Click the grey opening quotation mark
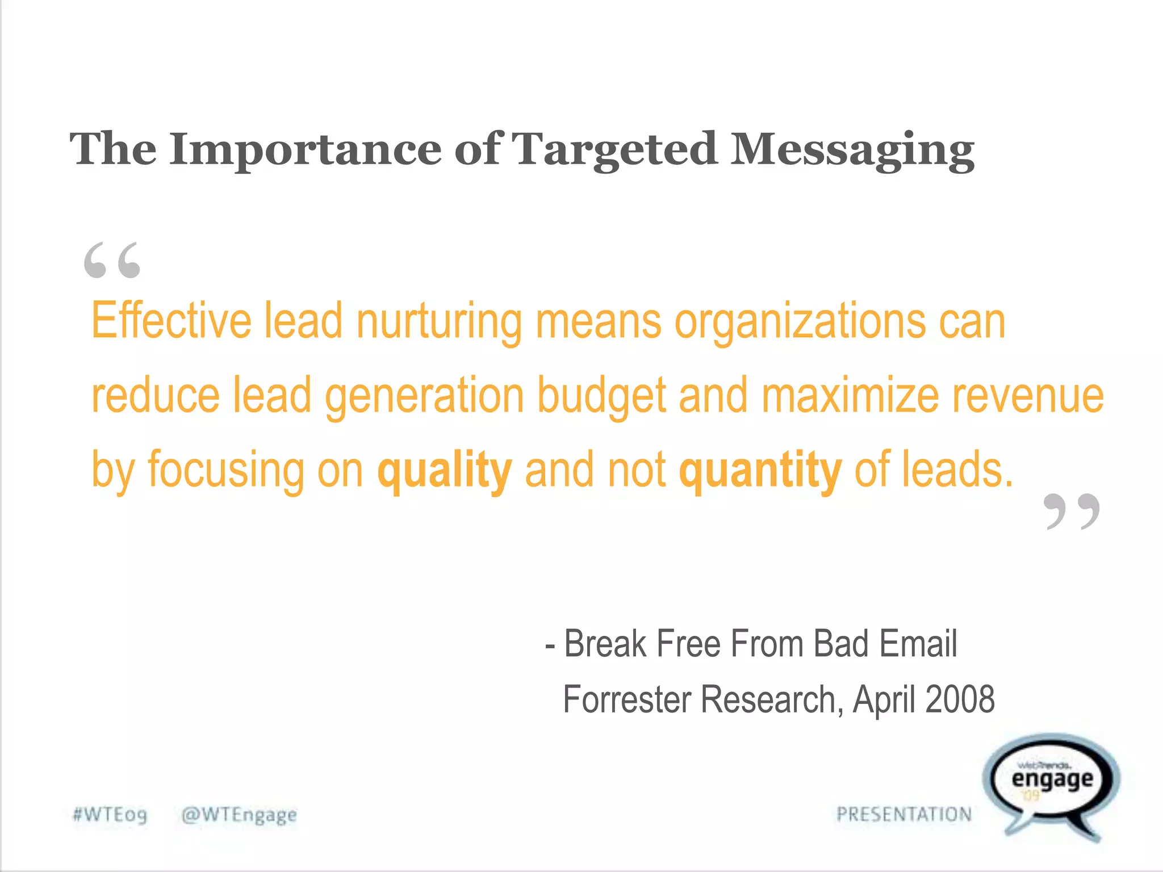click(x=112, y=260)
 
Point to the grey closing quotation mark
click(x=1072, y=511)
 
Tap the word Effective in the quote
click(x=171, y=321)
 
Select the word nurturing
click(x=438, y=322)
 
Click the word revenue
click(x=1028, y=396)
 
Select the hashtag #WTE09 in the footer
click(x=110, y=815)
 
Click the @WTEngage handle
click(x=239, y=815)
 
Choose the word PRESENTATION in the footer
click(x=904, y=814)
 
